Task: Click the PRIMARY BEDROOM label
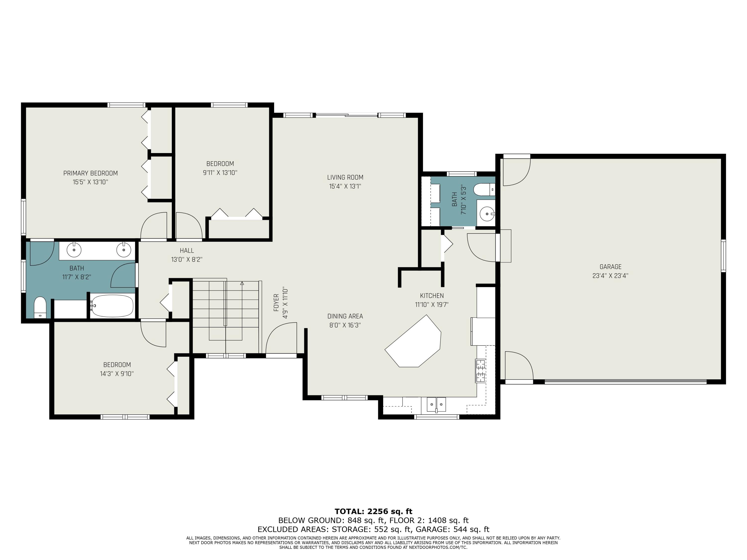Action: pos(90,173)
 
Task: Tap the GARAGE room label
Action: pos(610,267)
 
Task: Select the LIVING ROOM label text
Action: pos(345,177)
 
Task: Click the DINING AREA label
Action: pos(345,316)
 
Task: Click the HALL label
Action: pos(187,250)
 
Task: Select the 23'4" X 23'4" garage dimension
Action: pos(610,276)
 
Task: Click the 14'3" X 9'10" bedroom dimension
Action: pos(117,374)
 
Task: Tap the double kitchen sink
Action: pos(436,404)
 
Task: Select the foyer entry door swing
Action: pos(281,337)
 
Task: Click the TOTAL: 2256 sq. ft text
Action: pos(373,511)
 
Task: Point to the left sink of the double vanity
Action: pos(74,250)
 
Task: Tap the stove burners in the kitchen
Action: pos(481,371)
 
